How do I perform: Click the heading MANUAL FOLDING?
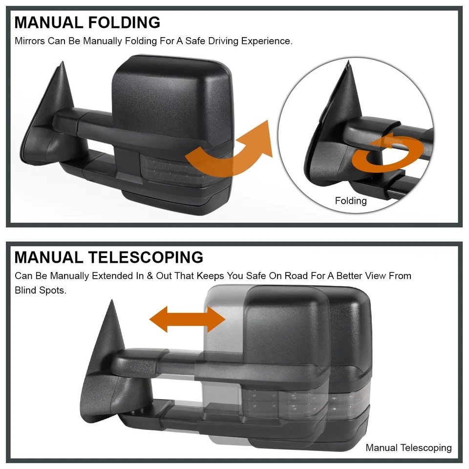[x=87, y=22]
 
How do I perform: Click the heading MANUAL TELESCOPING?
[x=108, y=257]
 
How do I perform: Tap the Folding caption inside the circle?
[x=351, y=201]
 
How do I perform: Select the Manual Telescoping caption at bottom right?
[x=408, y=448]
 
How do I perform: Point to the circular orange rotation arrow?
[x=386, y=155]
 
